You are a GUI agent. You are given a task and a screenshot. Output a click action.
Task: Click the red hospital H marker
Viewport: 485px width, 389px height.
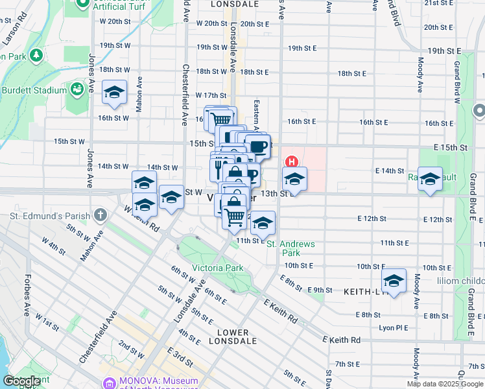coord(292,161)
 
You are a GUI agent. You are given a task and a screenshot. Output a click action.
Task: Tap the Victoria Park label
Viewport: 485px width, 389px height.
coord(217,268)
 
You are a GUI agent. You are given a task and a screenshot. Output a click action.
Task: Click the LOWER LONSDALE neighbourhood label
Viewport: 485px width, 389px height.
coord(233,336)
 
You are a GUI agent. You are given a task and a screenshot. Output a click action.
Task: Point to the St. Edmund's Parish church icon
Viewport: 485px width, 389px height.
coord(100,214)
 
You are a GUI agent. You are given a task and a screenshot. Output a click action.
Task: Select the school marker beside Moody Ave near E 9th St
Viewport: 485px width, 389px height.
coord(394,281)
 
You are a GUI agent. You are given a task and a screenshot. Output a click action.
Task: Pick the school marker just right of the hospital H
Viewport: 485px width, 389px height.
coord(294,179)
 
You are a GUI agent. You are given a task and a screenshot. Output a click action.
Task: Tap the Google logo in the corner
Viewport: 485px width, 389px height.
coord(21,381)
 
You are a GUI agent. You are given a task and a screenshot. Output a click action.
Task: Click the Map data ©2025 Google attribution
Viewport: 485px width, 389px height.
coord(445,384)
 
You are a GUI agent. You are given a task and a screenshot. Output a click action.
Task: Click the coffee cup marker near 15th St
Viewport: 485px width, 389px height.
coord(258,146)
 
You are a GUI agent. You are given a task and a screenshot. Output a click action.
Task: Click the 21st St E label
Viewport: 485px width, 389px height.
coord(438,3)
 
